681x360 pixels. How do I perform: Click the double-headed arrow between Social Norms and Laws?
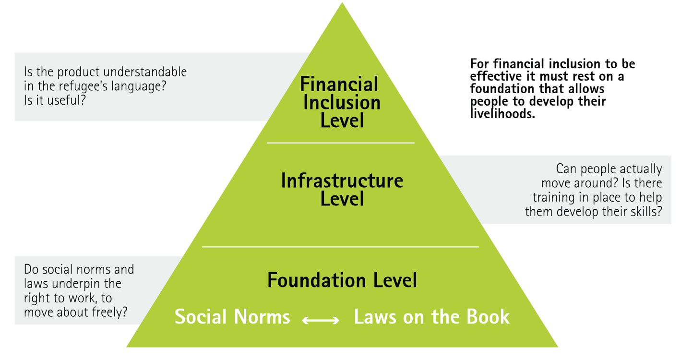321,320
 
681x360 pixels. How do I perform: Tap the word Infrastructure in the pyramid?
342,180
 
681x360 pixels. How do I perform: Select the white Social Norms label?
232,317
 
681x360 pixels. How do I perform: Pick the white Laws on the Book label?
431,317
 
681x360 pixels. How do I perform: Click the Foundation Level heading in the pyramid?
342,280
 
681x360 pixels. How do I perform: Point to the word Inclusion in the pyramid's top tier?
342,102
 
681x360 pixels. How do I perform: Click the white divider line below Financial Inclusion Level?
340,143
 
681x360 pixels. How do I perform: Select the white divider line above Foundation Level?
340,247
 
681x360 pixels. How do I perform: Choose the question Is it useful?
55,101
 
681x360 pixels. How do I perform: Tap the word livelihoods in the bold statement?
502,114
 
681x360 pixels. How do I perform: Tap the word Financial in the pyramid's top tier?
339,84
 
